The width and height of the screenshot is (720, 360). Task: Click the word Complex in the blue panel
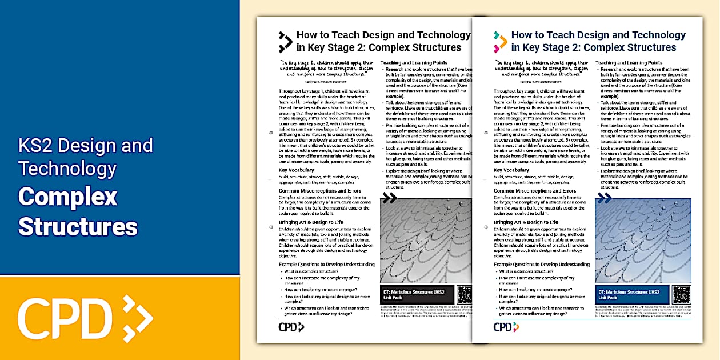(67, 197)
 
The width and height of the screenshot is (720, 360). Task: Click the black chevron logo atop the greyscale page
(285, 42)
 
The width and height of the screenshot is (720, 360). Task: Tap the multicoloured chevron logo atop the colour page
(500, 42)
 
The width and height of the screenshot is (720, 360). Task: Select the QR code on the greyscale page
(465, 294)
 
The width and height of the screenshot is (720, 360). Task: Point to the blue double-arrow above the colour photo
(604, 198)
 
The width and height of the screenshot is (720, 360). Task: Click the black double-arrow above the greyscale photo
(389, 198)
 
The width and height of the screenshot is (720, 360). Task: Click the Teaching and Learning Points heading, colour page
(629, 62)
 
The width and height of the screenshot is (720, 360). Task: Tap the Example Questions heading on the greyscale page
(327, 265)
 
